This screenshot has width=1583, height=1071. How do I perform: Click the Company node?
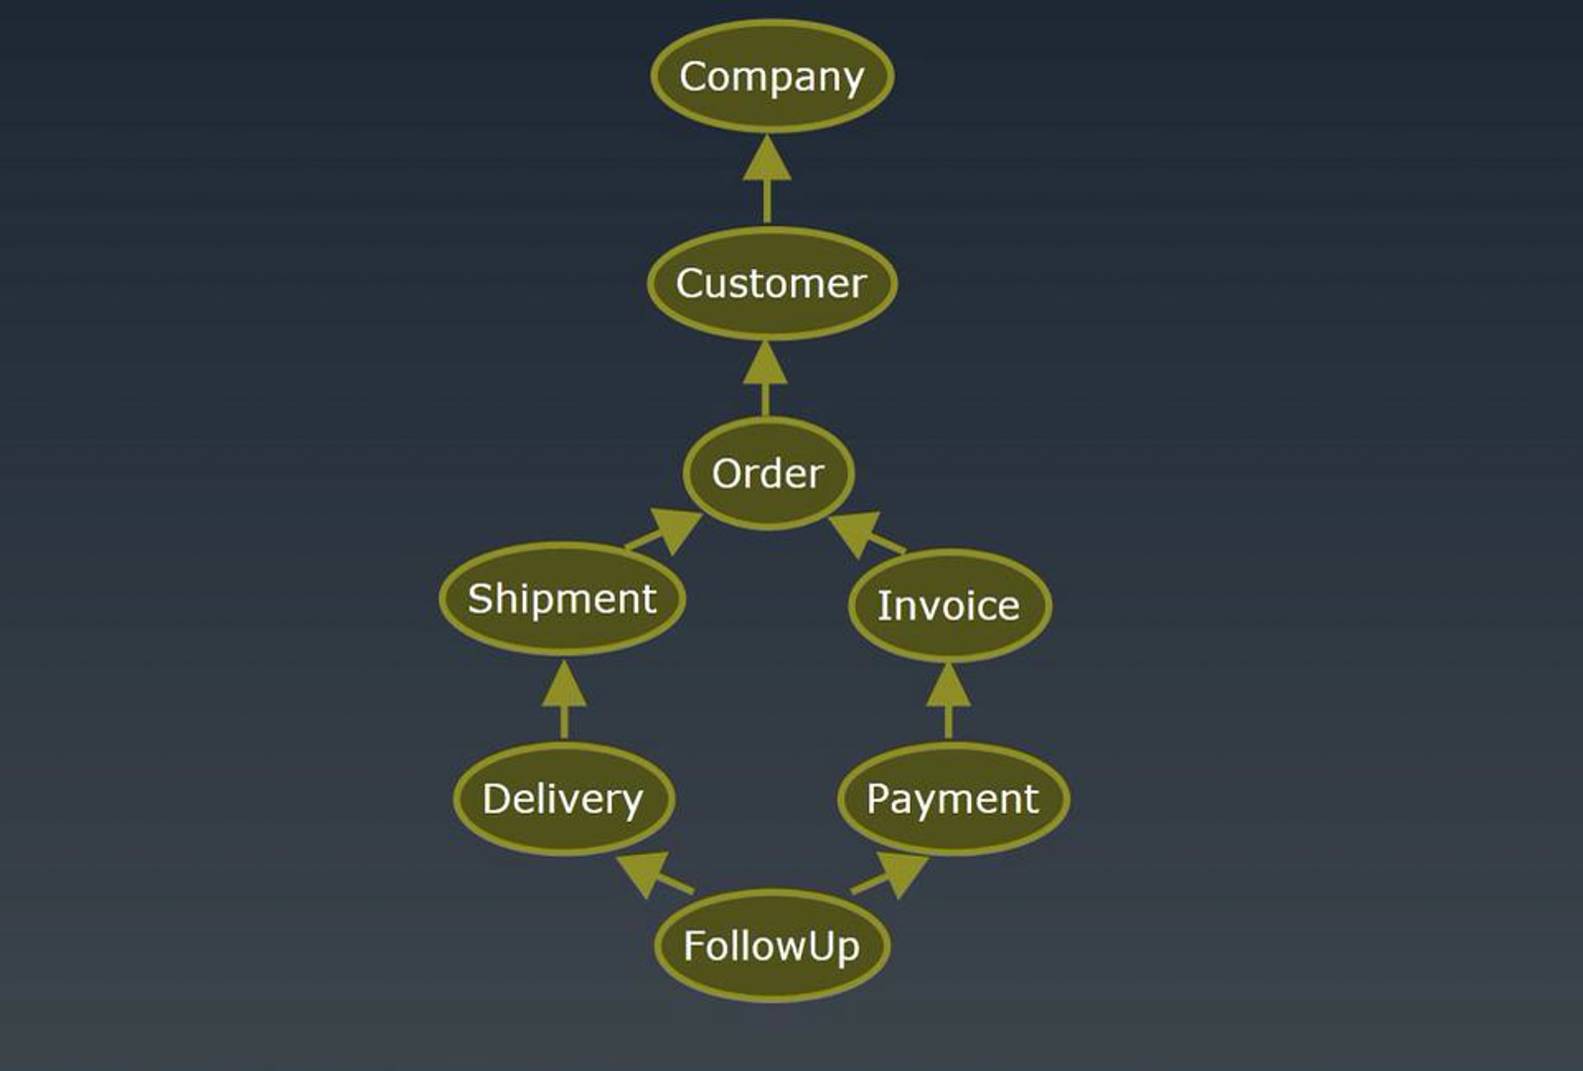(x=772, y=76)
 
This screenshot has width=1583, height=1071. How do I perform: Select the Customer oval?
(x=772, y=282)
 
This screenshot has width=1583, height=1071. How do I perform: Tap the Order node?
(x=768, y=473)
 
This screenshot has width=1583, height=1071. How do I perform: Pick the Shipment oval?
(x=562, y=599)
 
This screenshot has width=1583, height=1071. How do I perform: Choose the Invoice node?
(x=950, y=606)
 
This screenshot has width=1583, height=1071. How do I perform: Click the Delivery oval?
(x=564, y=798)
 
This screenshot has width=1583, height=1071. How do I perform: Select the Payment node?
(x=953, y=798)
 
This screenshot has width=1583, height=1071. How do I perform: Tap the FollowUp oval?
(x=772, y=946)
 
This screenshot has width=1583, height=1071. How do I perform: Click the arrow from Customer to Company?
(x=767, y=181)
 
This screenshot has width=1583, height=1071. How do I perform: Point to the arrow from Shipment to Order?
(x=664, y=533)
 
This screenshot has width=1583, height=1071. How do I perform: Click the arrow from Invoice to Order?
(x=866, y=536)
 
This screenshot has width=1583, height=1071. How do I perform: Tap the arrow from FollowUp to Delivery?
(x=654, y=876)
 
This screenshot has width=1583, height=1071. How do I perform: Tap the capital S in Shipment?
(x=480, y=599)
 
